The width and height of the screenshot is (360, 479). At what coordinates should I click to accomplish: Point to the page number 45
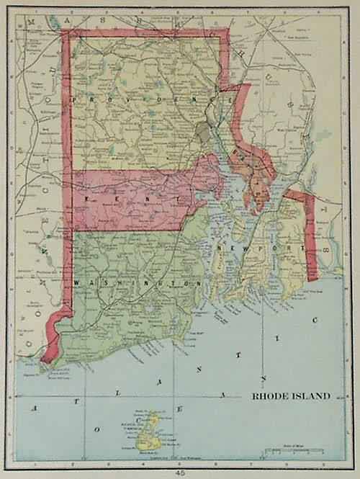[180, 472]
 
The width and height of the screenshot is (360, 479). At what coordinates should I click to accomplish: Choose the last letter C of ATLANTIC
[324, 315]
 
